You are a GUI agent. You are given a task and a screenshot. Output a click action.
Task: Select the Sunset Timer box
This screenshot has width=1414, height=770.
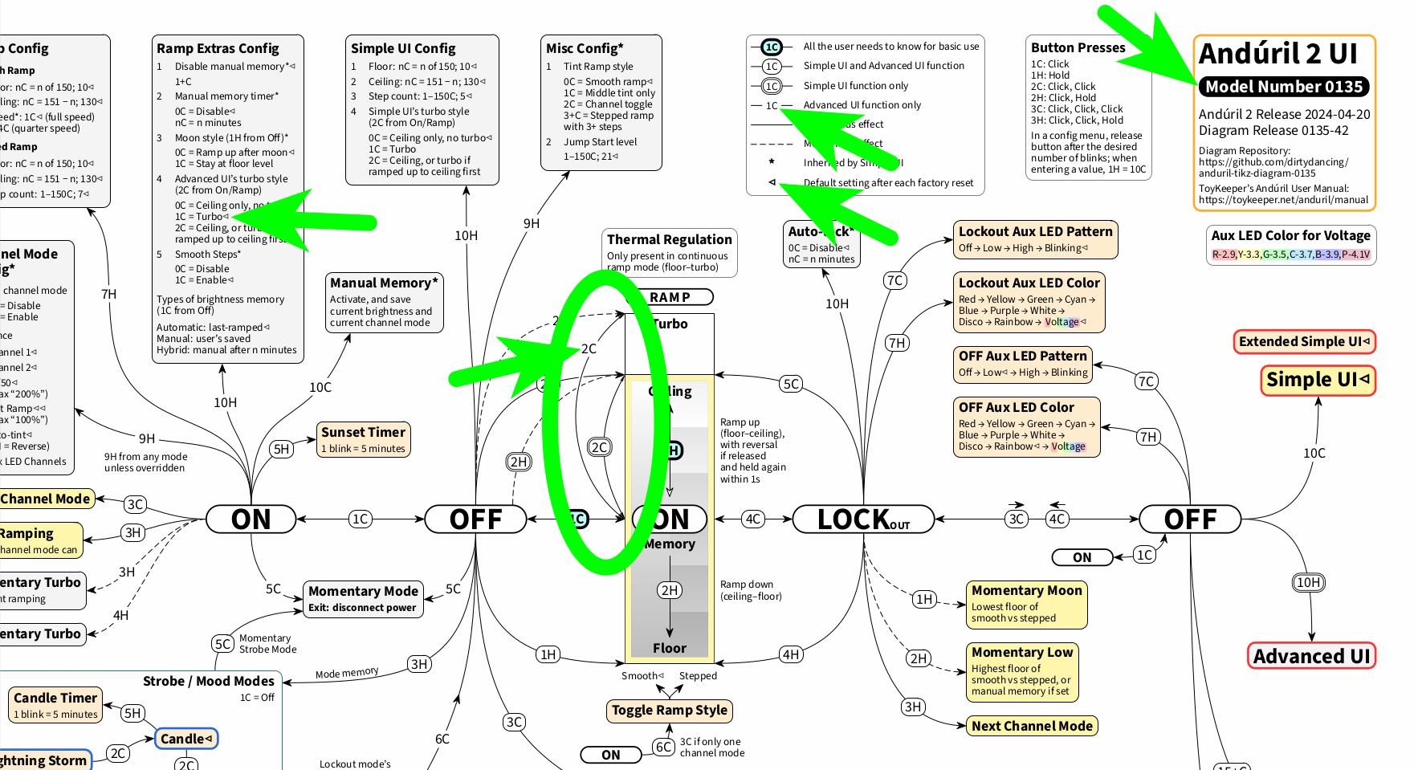[x=364, y=439]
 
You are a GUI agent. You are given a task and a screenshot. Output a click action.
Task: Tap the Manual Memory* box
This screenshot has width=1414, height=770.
[x=384, y=302]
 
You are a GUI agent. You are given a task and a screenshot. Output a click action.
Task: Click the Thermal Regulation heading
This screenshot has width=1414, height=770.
[x=669, y=239]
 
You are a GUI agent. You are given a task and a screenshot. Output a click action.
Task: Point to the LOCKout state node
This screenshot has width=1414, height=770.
[x=863, y=519]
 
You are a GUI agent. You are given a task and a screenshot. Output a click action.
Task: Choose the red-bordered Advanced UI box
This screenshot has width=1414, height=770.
[x=1311, y=656]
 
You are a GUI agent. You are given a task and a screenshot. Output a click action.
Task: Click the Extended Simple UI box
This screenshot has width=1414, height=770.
[x=1304, y=341]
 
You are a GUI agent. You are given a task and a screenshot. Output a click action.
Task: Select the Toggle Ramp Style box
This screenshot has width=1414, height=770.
[x=669, y=710]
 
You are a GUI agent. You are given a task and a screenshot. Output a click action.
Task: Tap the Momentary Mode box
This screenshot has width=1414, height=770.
[x=363, y=598]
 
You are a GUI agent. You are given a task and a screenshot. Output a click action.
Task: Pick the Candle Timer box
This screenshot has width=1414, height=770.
[x=55, y=705]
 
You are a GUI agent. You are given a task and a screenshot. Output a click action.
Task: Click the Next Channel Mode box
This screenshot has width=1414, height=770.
[x=1032, y=726]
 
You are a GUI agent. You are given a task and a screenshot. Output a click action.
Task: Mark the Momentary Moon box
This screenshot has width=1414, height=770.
[x=1026, y=604]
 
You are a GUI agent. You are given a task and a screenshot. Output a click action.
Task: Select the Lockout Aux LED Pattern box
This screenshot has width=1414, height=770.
[x=1035, y=239]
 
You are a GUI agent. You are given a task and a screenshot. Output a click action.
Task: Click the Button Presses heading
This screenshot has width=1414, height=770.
[x=1078, y=48]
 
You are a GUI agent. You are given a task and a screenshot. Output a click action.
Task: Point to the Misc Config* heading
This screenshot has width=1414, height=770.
[x=585, y=48]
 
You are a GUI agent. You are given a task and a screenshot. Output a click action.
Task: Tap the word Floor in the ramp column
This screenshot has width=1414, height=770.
[x=669, y=648]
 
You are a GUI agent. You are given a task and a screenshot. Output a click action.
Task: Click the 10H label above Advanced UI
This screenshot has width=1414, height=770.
[x=1308, y=582]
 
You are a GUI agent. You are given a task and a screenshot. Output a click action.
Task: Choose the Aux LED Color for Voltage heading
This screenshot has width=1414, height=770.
[x=1290, y=235]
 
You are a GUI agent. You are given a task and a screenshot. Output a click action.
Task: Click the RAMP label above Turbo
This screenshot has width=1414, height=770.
[x=670, y=297]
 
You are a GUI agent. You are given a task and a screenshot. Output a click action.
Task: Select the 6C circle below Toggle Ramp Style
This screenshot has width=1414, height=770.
[x=663, y=747]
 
